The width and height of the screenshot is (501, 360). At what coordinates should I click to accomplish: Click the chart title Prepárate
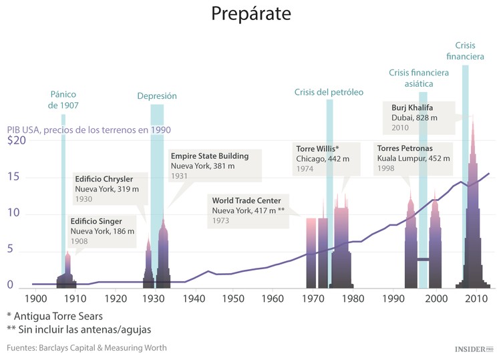coord(251,13)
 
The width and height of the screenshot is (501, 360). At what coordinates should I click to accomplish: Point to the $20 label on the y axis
coord(16,141)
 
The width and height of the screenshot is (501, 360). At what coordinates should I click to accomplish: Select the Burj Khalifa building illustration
coord(473,220)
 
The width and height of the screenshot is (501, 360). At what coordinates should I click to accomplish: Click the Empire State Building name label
coord(209,156)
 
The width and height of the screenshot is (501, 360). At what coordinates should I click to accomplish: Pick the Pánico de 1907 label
coord(63,100)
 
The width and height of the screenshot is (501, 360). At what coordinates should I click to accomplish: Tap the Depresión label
coord(157,96)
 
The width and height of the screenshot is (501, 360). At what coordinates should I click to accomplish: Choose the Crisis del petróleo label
coord(329,92)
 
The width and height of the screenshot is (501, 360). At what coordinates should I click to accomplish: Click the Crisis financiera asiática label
coord(419,78)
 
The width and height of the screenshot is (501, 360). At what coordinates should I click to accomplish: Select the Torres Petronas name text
coord(405,148)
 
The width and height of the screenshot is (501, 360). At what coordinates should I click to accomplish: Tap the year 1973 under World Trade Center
coord(221,220)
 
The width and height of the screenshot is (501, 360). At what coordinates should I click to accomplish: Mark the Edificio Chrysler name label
coord(104,179)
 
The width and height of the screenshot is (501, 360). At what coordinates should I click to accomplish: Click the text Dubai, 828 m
coord(414,118)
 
